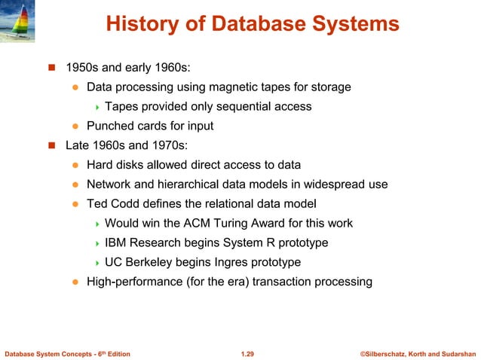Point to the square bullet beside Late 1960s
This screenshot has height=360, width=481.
[52, 145]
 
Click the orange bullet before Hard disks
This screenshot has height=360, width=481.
[75, 165]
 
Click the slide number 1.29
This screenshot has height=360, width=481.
[247, 352]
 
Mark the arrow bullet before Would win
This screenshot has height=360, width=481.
[98, 224]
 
